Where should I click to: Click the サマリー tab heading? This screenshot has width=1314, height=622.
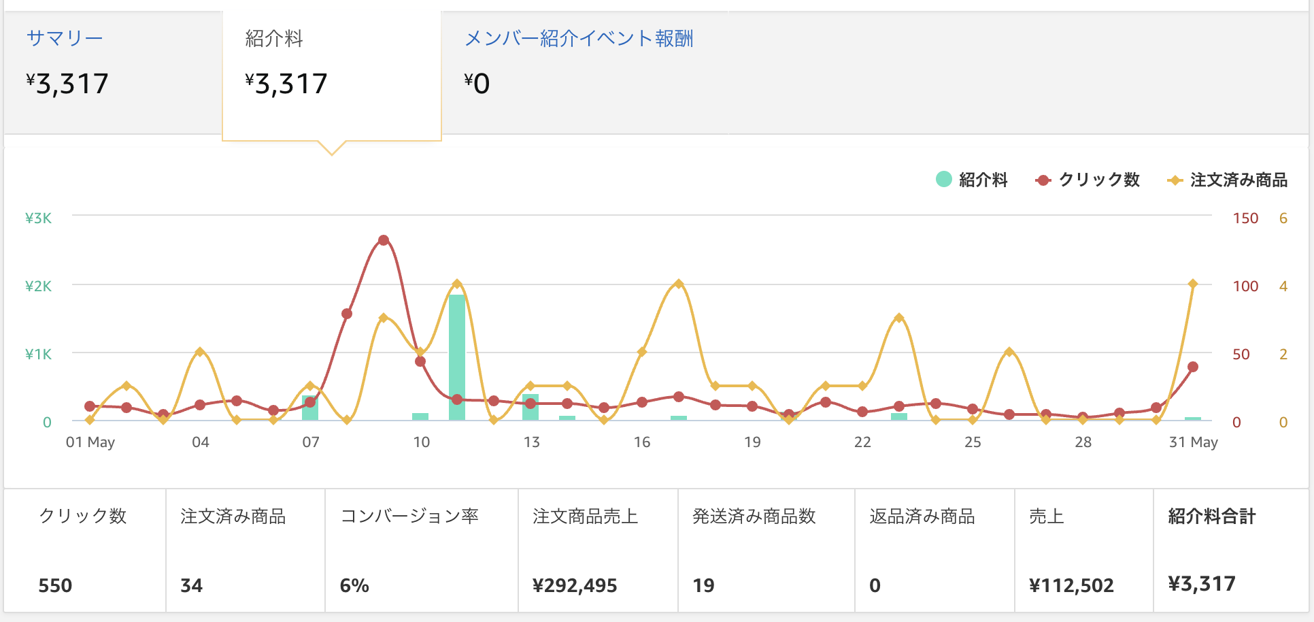click(x=65, y=38)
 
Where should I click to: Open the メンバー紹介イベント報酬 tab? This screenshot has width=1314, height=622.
click(x=579, y=38)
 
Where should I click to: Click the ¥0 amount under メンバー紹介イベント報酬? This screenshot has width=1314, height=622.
click(x=477, y=84)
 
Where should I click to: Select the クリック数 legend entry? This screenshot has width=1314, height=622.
click(x=1087, y=180)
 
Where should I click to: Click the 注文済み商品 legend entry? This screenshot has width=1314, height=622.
click(x=1227, y=180)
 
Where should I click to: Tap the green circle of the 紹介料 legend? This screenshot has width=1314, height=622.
click(x=943, y=179)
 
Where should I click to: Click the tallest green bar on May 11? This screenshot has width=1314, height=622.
click(x=457, y=357)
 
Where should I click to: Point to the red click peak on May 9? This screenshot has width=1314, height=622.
click(x=384, y=240)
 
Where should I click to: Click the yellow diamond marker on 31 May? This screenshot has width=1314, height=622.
click(x=1193, y=284)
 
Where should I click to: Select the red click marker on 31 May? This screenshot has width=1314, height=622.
click(x=1193, y=367)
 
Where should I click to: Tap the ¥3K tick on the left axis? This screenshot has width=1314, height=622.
click(x=38, y=218)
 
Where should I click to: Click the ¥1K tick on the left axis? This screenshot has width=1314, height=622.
click(x=38, y=355)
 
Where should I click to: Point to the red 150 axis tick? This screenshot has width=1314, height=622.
click(x=1245, y=218)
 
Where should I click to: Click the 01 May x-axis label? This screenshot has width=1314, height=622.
click(x=90, y=442)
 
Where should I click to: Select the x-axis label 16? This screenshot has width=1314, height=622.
click(x=642, y=442)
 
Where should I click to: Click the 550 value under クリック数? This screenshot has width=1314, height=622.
click(x=55, y=586)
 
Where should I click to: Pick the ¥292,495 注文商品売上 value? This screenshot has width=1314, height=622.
click(x=575, y=586)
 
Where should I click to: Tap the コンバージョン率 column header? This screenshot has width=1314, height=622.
click(x=409, y=517)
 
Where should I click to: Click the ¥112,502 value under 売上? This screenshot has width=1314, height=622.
click(x=1071, y=586)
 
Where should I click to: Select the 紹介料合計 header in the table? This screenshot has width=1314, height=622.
click(x=1212, y=517)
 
